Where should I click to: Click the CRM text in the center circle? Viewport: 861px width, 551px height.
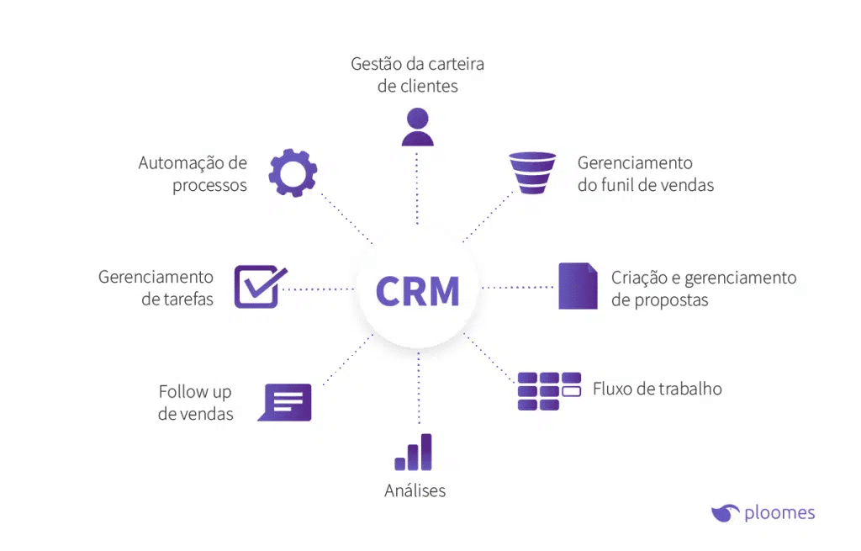[x=418, y=291]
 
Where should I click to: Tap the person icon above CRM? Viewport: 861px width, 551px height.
[x=418, y=127]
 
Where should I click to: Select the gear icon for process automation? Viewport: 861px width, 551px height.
[x=293, y=173]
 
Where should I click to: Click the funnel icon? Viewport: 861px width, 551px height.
[x=533, y=173]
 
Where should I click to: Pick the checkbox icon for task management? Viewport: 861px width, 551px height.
[x=259, y=287]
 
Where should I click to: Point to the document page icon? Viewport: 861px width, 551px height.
[x=578, y=286]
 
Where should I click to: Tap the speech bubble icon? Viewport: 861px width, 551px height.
[x=285, y=402]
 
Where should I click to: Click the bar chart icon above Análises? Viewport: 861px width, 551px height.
[x=414, y=453]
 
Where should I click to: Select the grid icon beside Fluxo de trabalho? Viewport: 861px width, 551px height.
[x=549, y=391]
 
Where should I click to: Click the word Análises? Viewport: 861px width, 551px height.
[x=415, y=490]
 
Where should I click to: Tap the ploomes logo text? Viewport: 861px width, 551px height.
[x=779, y=512]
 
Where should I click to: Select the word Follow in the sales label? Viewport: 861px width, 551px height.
[x=183, y=392]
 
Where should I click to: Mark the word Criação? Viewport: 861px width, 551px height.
[x=639, y=278]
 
